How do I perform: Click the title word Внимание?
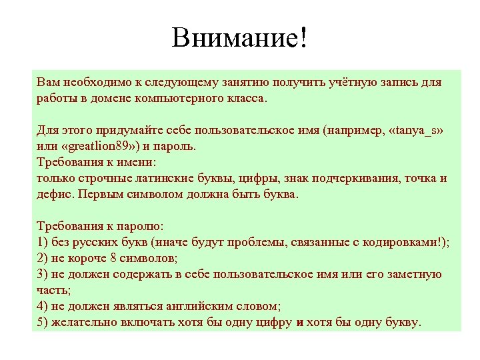click(x=240, y=37)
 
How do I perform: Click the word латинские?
click(x=157, y=179)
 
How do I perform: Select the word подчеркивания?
click(x=346, y=179)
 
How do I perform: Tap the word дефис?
click(x=55, y=195)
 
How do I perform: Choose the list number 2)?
click(x=43, y=259)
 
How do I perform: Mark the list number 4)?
click(x=43, y=307)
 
